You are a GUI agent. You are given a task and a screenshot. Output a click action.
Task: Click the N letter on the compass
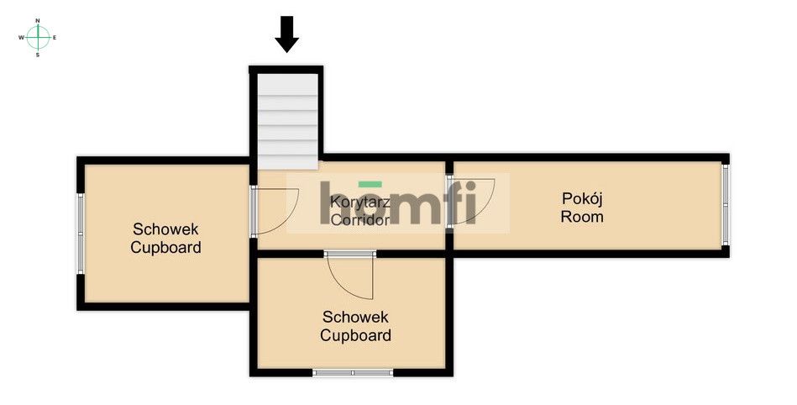point(38,19)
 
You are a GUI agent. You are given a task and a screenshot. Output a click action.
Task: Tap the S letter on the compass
point(38,55)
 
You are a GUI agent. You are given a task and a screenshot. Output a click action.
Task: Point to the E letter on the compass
point(55,38)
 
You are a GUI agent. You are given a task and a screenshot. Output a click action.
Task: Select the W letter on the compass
point(20,38)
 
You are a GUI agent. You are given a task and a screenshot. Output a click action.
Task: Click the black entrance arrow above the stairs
point(287,34)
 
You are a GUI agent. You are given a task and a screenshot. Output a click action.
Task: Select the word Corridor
point(359,220)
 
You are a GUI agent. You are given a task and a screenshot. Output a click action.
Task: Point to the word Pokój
point(583,199)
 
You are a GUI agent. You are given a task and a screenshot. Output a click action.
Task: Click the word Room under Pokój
point(583,217)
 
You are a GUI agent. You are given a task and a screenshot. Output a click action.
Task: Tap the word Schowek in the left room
point(165,229)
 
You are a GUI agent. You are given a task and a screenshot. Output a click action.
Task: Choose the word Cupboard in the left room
point(165,247)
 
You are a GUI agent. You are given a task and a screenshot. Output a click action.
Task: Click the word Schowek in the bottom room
point(355,317)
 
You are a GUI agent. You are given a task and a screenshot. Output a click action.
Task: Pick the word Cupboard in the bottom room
point(355,335)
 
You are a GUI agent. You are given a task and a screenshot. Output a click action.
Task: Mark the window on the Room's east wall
point(726,204)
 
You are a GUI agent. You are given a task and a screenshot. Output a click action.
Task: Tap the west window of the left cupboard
point(81,233)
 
